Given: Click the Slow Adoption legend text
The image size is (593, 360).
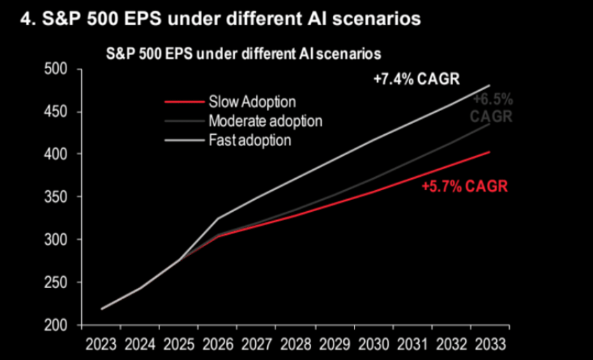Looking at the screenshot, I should click(x=252, y=102).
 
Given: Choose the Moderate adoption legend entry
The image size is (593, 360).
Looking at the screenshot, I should click(x=265, y=121).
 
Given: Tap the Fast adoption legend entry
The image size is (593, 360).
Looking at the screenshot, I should click(x=249, y=140).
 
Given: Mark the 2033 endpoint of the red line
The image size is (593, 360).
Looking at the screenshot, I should click(x=489, y=152).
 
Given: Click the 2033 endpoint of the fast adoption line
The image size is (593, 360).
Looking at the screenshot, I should click(x=489, y=85).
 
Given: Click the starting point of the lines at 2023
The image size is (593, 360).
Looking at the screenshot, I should click(x=102, y=308).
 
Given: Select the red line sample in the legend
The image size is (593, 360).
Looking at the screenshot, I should click(x=184, y=102).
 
